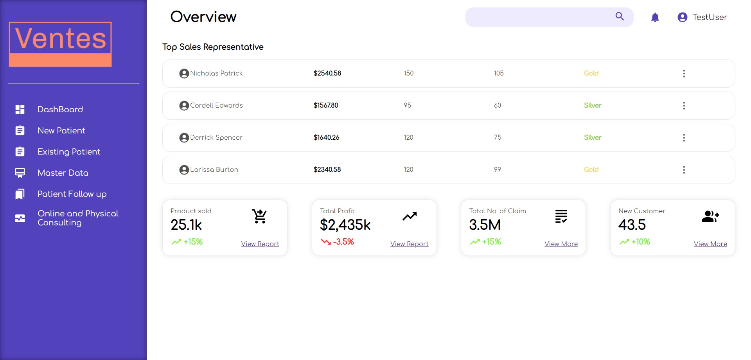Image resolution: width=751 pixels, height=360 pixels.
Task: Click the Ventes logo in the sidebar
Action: point(60,44)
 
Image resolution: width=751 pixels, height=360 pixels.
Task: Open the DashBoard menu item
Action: point(60,110)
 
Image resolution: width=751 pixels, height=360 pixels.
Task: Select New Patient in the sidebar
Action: point(61,131)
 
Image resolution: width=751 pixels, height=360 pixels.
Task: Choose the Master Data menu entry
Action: point(63,173)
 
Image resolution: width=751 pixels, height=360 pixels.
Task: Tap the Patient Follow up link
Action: point(72,194)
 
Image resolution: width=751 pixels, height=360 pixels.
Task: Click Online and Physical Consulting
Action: point(77,218)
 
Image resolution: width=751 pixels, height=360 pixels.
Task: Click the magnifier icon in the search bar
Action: point(620,16)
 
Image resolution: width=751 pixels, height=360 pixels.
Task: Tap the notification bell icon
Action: point(655,17)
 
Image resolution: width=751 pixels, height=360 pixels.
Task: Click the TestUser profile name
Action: point(710,17)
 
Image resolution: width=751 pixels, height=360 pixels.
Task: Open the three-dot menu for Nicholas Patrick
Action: point(684,74)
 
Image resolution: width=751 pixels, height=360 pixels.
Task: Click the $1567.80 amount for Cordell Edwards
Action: point(326,106)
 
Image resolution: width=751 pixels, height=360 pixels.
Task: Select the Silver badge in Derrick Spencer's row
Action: point(593,138)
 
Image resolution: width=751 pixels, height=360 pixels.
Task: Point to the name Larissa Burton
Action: point(214,170)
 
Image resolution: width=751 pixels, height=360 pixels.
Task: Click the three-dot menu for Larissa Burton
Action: point(684,170)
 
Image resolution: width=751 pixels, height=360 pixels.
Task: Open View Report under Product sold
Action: point(260,244)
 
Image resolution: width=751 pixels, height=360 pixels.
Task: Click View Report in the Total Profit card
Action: point(409,244)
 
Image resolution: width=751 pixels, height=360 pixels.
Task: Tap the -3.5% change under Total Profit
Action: point(343,242)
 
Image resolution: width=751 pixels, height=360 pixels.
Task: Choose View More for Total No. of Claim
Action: point(561,244)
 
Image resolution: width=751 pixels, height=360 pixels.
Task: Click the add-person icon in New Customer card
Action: point(710,216)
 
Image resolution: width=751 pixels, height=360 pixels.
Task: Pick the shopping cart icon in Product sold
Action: point(259,216)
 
